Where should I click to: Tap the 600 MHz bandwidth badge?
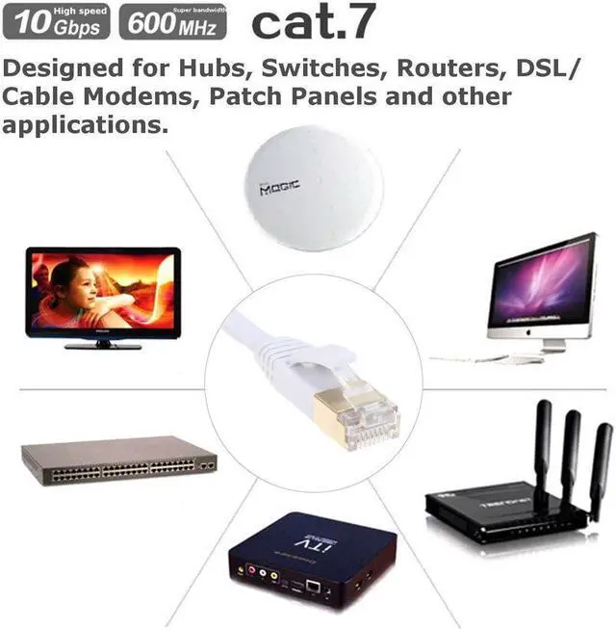173,21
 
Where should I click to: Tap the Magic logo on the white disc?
281,190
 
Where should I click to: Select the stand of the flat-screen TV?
101,343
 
